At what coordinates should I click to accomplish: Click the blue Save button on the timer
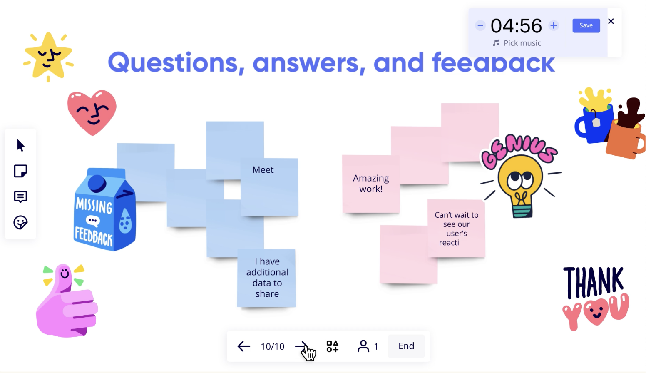586,25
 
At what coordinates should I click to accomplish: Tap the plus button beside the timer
554,25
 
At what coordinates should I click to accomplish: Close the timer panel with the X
611,21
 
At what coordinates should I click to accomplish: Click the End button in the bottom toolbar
406,346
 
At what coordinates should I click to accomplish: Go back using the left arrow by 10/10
243,346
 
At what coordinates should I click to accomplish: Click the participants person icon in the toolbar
363,346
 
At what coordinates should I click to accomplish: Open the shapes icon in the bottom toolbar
332,346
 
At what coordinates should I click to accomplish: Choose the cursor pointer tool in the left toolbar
20,145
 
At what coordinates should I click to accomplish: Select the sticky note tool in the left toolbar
20,171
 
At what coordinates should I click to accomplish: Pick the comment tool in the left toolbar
20,197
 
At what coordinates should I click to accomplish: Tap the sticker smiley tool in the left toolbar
20,223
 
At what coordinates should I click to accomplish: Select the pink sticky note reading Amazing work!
370,184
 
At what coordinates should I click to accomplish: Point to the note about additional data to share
266,278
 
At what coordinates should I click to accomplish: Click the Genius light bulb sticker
520,177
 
